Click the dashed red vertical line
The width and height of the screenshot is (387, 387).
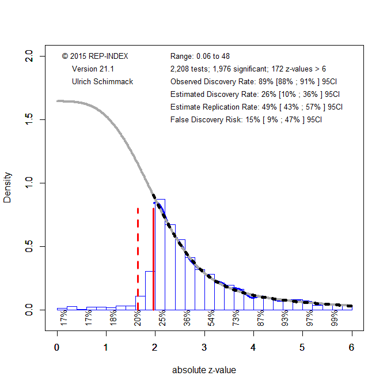(x=138, y=260)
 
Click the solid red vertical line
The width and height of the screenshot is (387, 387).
(x=154, y=260)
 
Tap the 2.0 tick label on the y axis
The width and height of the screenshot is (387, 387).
(x=35, y=56)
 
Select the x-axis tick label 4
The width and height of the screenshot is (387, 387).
(x=253, y=348)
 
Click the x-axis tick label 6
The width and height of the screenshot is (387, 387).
(x=351, y=348)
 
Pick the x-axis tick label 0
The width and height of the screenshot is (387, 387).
(x=57, y=348)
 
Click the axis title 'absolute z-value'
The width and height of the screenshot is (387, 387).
(x=204, y=370)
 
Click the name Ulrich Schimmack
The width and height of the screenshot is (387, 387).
(x=103, y=81)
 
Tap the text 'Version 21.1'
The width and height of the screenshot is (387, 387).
(x=93, y=69)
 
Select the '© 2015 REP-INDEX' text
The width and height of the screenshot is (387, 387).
(x=95, y=56)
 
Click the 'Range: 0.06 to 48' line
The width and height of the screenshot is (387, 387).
(x=200, y=56)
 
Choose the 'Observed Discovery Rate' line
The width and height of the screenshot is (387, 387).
(x=256, y=81)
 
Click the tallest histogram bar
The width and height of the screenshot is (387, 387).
(x=160, y=254)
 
